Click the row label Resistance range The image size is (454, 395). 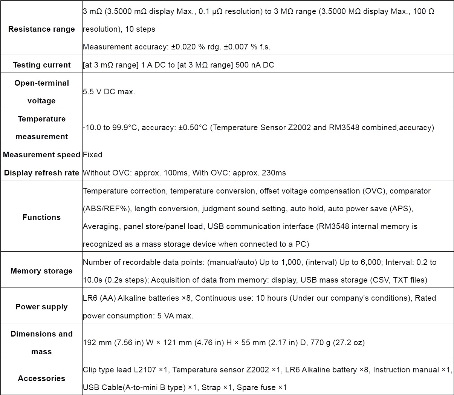[41, 29]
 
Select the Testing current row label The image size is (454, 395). [41, 65]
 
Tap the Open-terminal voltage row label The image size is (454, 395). [41, 92]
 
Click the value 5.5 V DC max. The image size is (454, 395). [109, 92]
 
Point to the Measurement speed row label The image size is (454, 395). [41, 155]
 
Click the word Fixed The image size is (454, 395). [92, 155]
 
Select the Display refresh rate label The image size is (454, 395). [41, 173]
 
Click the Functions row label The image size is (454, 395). [41, 217]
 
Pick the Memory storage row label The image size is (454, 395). [41, 271]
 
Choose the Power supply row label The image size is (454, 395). [41, 307]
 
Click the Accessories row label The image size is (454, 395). [41, 378]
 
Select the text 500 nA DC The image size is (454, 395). [255, 65]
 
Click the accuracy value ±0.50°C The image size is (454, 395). [193, 128]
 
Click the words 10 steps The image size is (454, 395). [138, 29]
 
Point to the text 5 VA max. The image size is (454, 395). [175, 316]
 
